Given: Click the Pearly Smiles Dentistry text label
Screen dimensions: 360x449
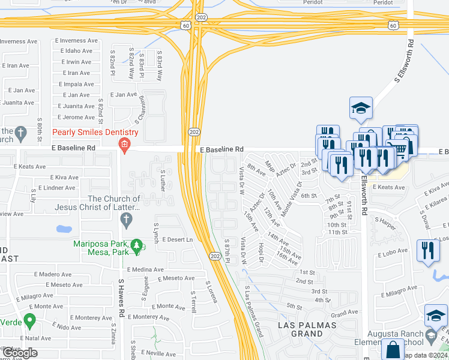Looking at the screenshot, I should pos(95,132).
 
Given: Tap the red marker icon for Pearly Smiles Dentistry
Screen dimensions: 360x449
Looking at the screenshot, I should pos(124,143).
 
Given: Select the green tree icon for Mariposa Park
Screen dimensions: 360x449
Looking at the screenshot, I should pos(137,245).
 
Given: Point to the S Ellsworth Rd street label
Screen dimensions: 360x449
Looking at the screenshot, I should pos(403,61).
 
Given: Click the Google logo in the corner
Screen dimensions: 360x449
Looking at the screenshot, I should pos(20,353).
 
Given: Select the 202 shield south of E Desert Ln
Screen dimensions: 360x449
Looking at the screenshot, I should pos(215,256).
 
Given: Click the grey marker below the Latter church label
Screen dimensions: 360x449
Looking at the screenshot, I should pos(126,220).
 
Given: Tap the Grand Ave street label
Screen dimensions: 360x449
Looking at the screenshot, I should pos(344,313).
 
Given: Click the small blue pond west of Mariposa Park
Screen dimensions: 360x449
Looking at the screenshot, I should pos(62,229).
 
